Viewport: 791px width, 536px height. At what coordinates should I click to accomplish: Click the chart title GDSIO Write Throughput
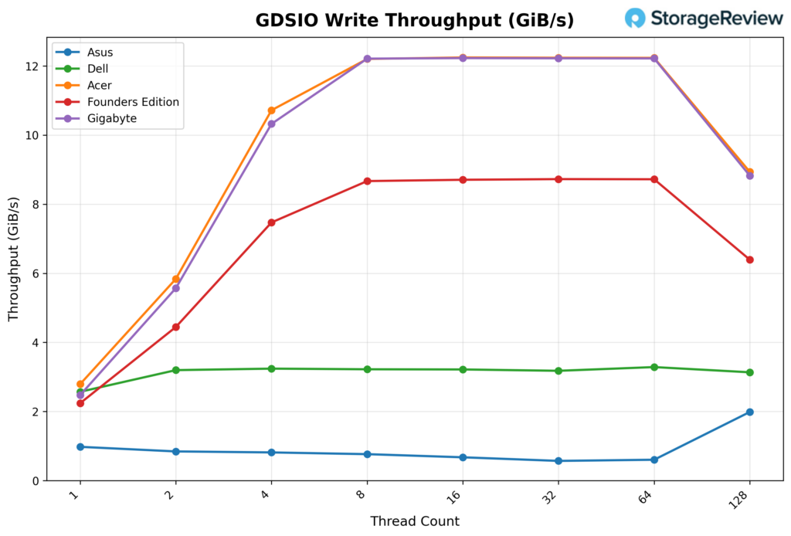tap(414, 20)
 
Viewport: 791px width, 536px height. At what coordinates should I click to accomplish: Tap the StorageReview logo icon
tap(635, 19)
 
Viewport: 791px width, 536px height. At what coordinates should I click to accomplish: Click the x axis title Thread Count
tap(415, 521)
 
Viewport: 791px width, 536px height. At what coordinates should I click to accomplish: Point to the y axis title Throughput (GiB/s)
tap(13, 258)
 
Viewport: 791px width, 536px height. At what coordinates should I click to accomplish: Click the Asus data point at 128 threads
tap(749, 412)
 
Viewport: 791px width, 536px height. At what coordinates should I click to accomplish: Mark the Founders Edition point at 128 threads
tap(749, 260)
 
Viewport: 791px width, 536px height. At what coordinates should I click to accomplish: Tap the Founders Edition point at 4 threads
tap(271, 222)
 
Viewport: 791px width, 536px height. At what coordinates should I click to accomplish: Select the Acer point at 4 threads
tap(271, 110)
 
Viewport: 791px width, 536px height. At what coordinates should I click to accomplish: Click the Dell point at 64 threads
tap(654, 367)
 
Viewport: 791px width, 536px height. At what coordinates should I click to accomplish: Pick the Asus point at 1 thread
tap(80, 446)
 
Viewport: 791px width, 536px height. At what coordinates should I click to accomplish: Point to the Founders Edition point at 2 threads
tap(175, 327)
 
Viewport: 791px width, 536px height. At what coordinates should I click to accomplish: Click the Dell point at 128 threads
tap(749, 372)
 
